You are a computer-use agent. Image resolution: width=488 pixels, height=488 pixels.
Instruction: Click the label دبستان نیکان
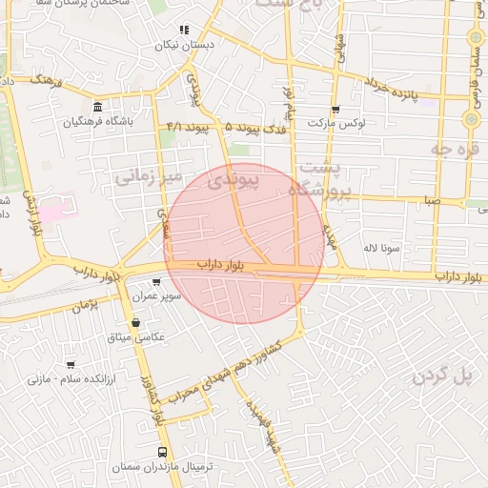click(185, 45)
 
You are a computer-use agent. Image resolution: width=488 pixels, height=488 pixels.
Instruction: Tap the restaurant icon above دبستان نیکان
click(184, 30)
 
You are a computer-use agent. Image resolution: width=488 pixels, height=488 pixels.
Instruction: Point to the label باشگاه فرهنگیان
click(99, 122)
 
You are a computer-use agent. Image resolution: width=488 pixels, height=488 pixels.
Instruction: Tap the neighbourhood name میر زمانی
click(147, 176)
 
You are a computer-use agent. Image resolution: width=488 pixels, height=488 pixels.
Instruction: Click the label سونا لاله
click(380, 248)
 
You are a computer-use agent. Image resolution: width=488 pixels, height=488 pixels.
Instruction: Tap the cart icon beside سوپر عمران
click(156, 282)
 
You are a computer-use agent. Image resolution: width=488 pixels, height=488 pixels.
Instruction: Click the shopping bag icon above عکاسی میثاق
click(135, 322)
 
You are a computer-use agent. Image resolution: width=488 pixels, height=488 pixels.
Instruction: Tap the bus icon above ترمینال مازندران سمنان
click(161, 452)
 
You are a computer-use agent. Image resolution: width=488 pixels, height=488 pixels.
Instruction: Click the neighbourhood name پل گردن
click(443, 376)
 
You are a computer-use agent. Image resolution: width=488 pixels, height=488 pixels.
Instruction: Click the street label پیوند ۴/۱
click(187, 126)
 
